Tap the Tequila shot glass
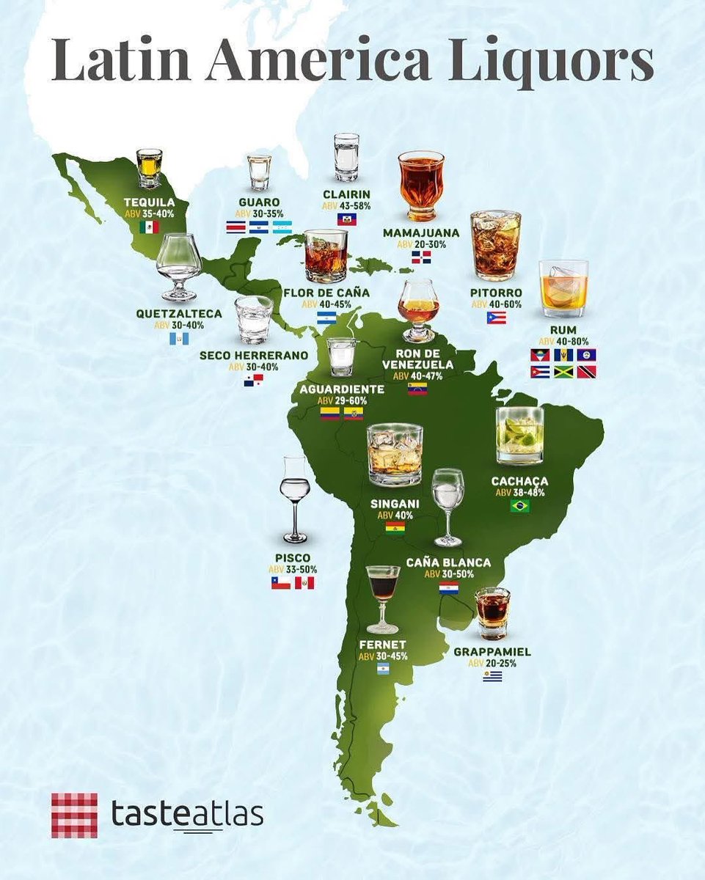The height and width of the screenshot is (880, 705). click(x=149, y=169)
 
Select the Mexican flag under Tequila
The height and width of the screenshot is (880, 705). click(x=149, y=227)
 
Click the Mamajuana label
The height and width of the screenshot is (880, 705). click(x=421, y=232)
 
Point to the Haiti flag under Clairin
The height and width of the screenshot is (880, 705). click(x=346, y=219)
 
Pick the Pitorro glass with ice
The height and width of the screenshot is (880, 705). click(x=495, y=245)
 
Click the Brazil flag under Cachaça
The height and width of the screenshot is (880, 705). click(x=520, y=506)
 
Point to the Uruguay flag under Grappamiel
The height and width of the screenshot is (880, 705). click(x=492, y=676)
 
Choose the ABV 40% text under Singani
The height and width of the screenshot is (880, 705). click(x=395, y=515)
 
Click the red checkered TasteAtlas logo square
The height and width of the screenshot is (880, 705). click(x=74, y=815)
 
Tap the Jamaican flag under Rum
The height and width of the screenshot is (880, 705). click(x=563, y=372)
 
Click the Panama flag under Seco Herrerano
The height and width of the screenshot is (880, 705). click(x=253, y=380)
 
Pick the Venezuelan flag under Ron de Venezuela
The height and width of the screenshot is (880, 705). click(x=417, y=389)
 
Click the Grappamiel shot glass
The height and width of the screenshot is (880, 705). click(x=492, y=613)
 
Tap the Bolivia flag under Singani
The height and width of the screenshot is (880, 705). click(x=395, y=528)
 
